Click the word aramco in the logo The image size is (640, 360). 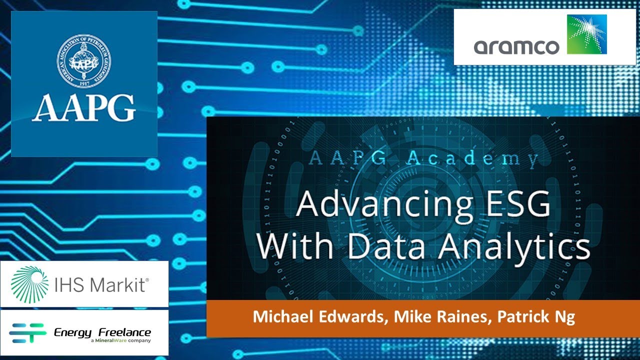click(x=516, y=46)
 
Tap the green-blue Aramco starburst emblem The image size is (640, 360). click(x=586, y=34)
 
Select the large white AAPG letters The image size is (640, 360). click(x=83, y=106)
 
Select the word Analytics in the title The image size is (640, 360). click(x=521, y=247)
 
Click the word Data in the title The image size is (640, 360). click(x=408, y=247)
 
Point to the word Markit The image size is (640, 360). click(x=120, y=285)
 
